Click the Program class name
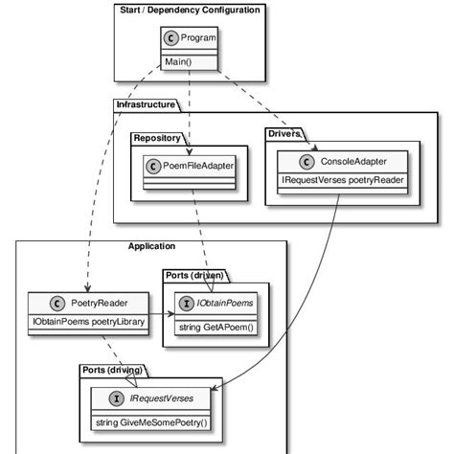197,39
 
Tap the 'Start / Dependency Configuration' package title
191,10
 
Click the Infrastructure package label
146,103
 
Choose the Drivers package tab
284,133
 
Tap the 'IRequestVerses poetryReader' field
342,179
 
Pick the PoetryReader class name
100,303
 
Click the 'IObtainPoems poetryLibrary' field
86,322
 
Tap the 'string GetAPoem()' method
217,329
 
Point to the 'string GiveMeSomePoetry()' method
151,421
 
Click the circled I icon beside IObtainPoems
186,304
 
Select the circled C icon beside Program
170,39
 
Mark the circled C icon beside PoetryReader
59,303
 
